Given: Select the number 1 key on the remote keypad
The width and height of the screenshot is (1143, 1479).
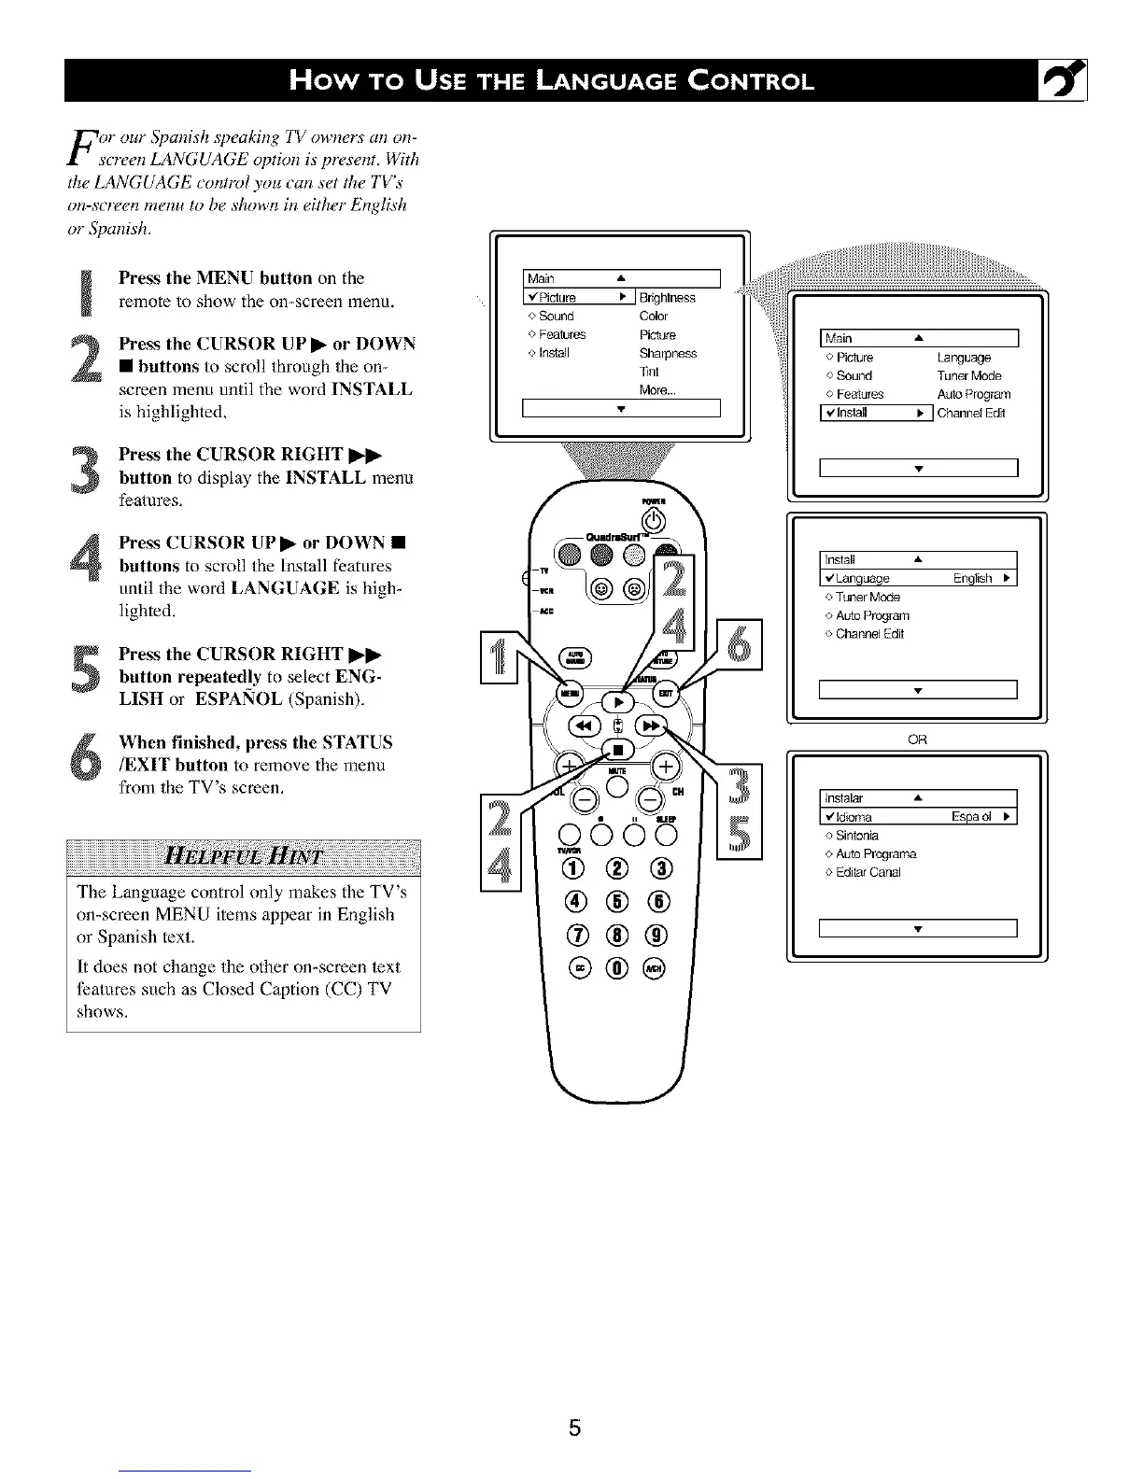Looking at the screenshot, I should click(571, 869).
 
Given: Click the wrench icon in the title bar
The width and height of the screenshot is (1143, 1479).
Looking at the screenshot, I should click(1065, 79).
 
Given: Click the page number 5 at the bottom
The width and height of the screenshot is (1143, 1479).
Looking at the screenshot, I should click(575, 1427).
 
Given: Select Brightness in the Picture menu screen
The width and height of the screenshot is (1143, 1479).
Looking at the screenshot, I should click(667, 298).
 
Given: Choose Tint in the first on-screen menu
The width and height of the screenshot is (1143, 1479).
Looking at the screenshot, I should click(649, 372).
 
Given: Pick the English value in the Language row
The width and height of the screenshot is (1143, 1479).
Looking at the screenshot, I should click(972, 578).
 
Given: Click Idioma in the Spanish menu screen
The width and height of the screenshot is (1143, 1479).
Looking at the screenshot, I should click(854, 817).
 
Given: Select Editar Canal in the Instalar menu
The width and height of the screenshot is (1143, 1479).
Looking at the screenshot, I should click(868, 872).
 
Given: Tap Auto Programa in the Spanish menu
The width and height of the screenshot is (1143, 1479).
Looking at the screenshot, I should click(876, 853).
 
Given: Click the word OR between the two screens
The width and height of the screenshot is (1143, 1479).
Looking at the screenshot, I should click(917, 739).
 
